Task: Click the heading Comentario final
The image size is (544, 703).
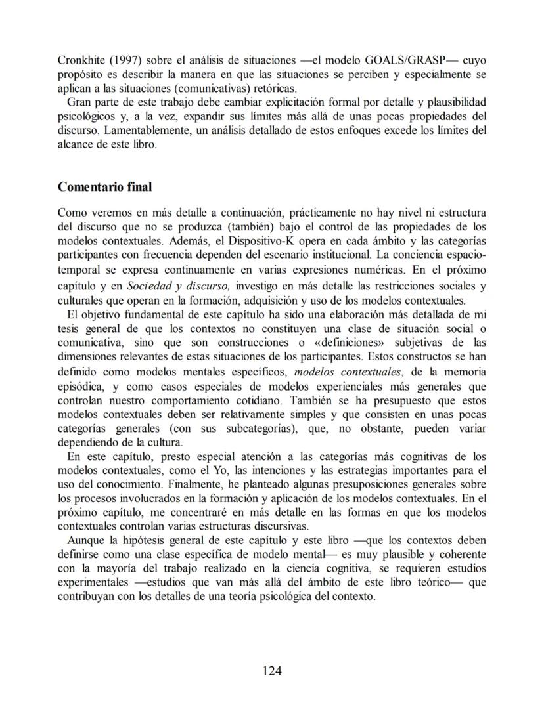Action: click(x=104, y=187)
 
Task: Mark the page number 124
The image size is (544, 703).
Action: click(x=272, y=670)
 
